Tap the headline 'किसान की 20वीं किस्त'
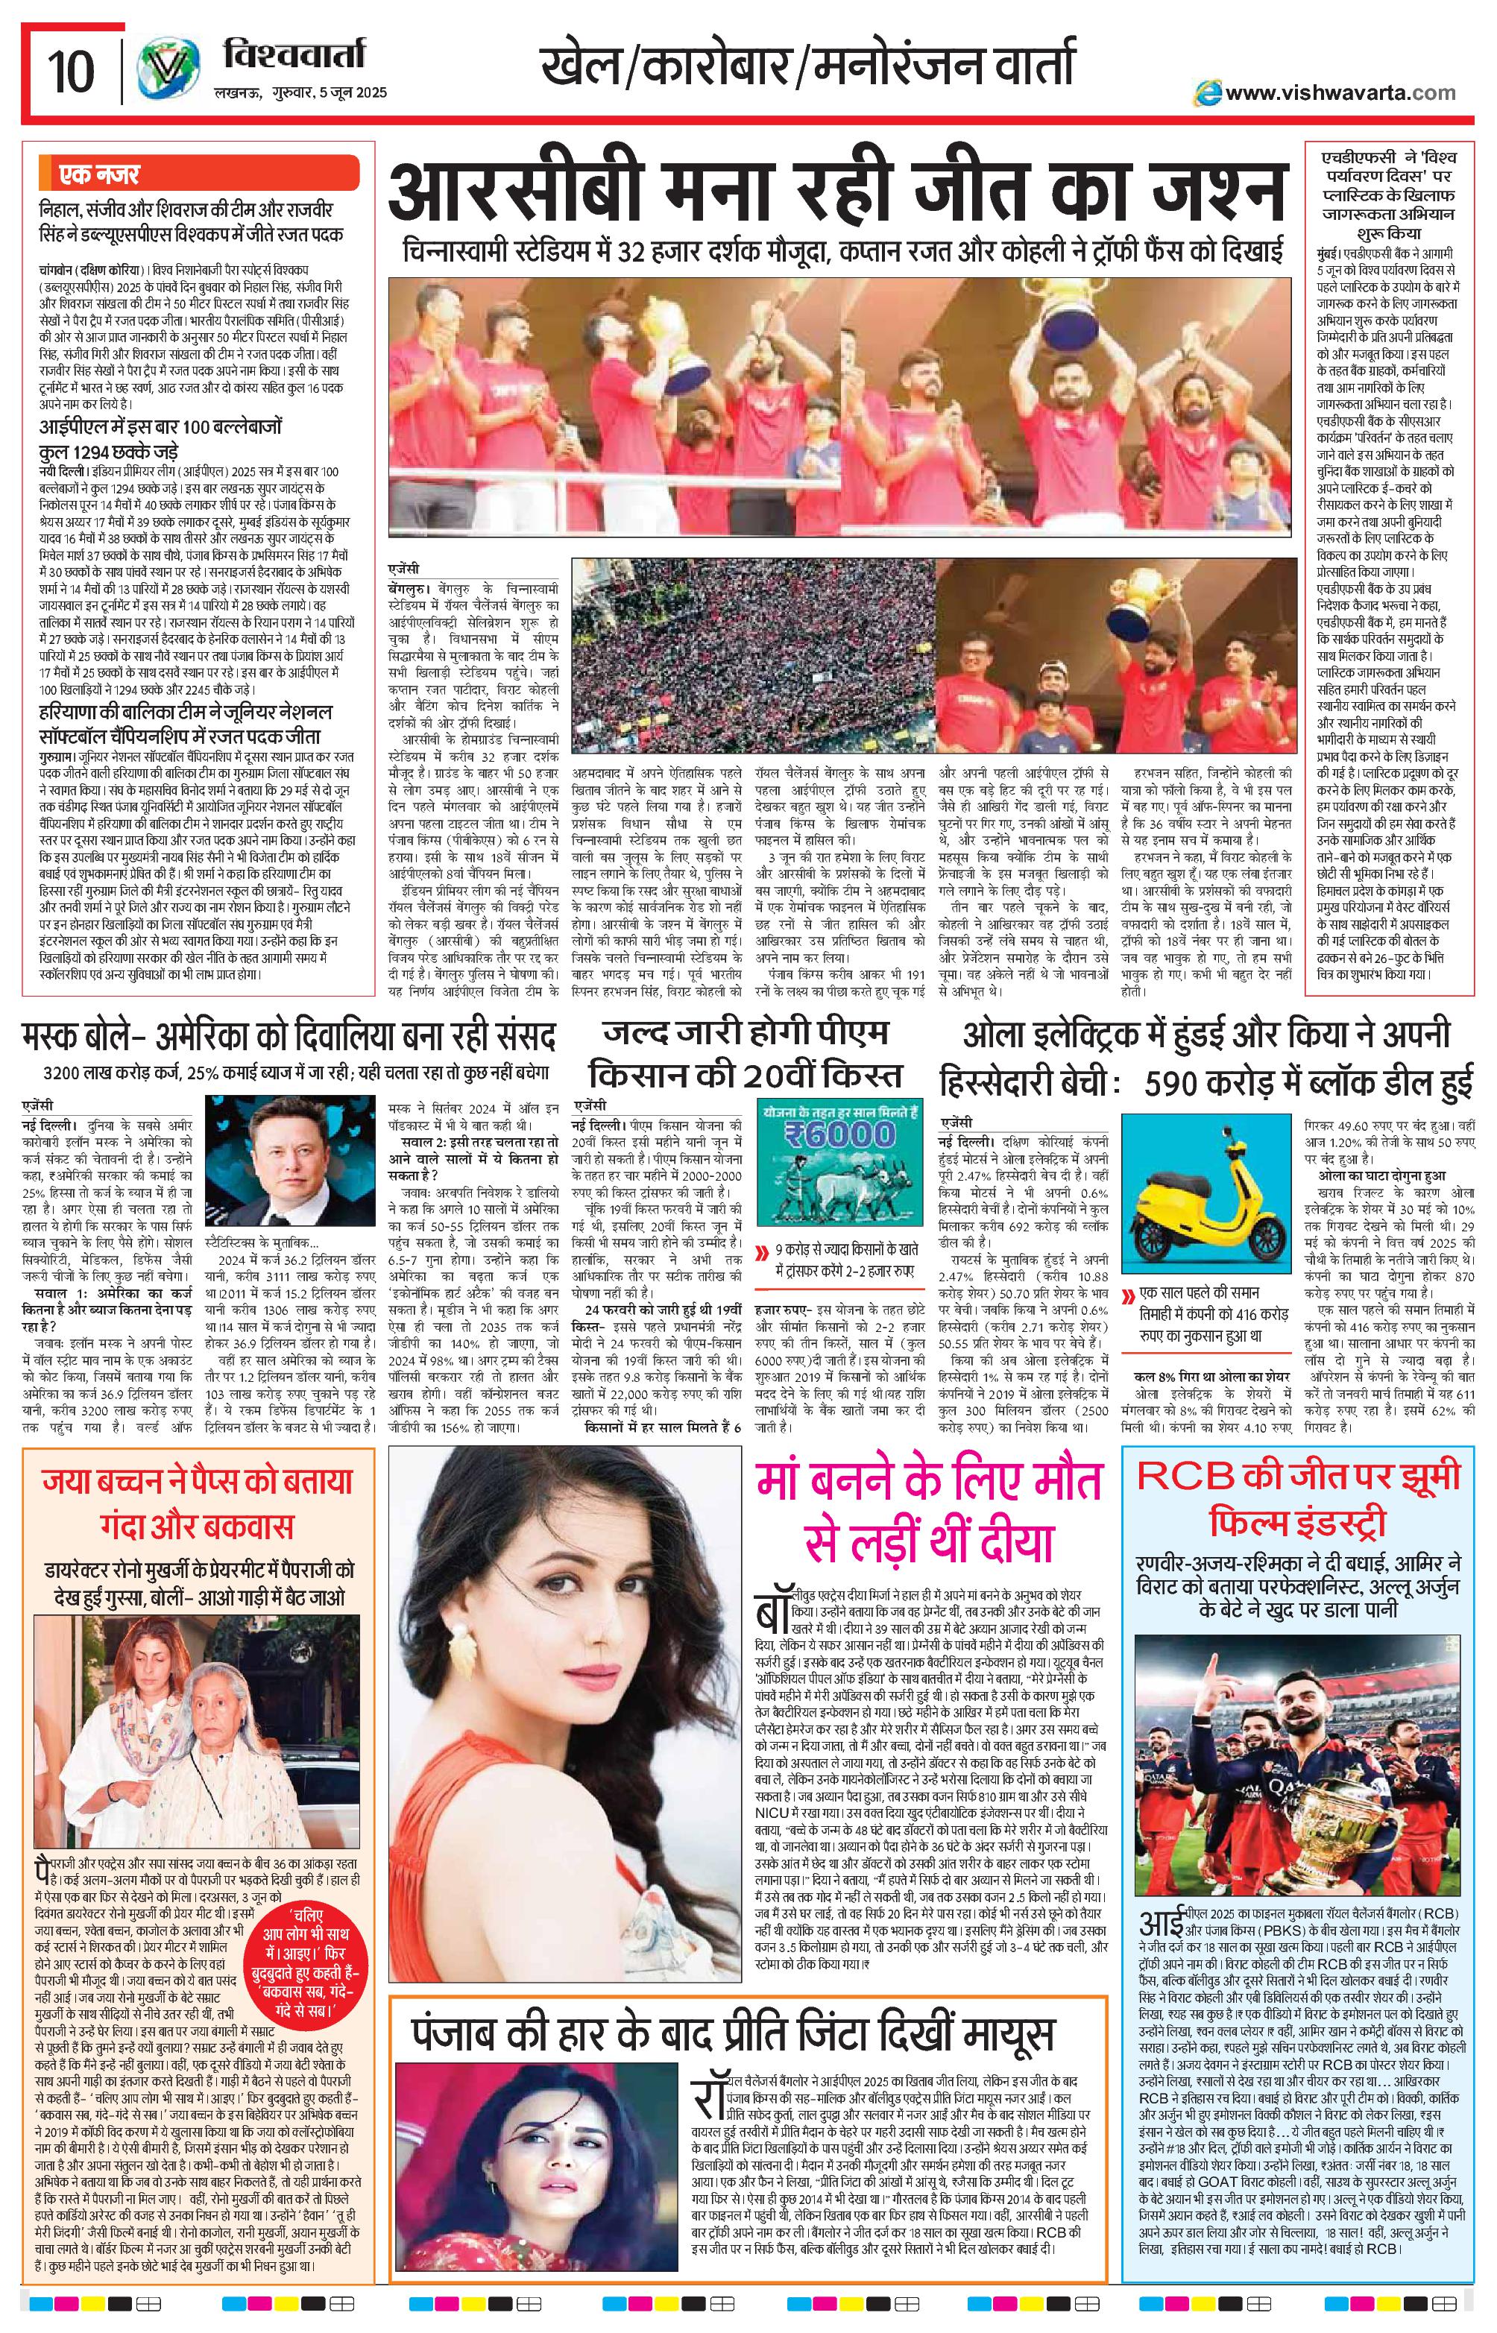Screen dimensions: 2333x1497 point(746,1076)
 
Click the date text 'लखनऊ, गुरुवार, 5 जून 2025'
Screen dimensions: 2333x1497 point(300,93)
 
